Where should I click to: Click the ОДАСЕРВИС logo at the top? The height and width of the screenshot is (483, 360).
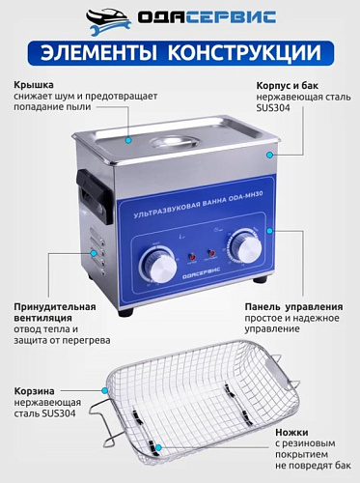[180, 17]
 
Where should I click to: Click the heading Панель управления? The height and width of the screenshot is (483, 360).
[290, 306]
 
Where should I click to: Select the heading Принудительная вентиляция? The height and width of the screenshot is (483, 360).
[55, 314]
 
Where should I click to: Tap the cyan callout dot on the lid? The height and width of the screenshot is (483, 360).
[129, 139]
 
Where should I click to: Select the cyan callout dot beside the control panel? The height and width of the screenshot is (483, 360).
[272, 231]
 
